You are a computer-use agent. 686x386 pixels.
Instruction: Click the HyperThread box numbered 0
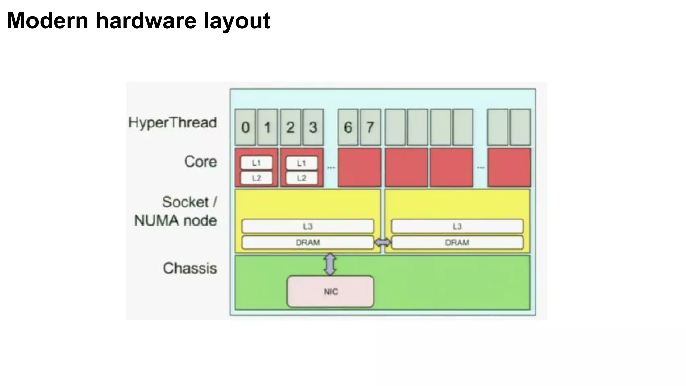(x=245, y=127)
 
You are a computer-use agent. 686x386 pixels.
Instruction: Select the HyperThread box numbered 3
(x=313, y=127)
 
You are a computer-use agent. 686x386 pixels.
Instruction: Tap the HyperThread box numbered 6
(x=348, y=127)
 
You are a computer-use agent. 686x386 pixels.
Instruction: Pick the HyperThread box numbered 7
(x=370, y=127)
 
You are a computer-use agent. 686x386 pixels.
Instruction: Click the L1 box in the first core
(x=256, y=163)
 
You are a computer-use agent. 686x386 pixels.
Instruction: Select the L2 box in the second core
(x=302, y=178)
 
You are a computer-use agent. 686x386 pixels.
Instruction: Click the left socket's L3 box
(x=307, y=226)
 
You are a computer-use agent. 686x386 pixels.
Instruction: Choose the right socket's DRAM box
(x=457, y=242)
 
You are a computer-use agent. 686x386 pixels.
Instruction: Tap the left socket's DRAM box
(x=307, y=242)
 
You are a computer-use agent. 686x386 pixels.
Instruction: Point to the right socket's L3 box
(x=457, y=226)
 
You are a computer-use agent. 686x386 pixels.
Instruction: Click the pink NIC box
(x=330, y=292)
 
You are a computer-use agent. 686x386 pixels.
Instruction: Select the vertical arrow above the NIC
(x=330, y=264)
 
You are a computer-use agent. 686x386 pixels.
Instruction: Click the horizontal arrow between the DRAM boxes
(x=383, y=242)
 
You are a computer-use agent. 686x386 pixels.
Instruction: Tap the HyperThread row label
(x=173, y=123)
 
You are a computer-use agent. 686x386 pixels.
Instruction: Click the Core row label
(x=200, y=162)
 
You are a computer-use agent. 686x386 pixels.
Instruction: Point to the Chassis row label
(x=190, y=268)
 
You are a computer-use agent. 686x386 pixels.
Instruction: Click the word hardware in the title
(x=146, y=21)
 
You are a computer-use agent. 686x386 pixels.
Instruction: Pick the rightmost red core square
(x=509, y=168)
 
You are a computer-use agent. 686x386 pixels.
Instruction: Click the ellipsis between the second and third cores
(x=331, y=168)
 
